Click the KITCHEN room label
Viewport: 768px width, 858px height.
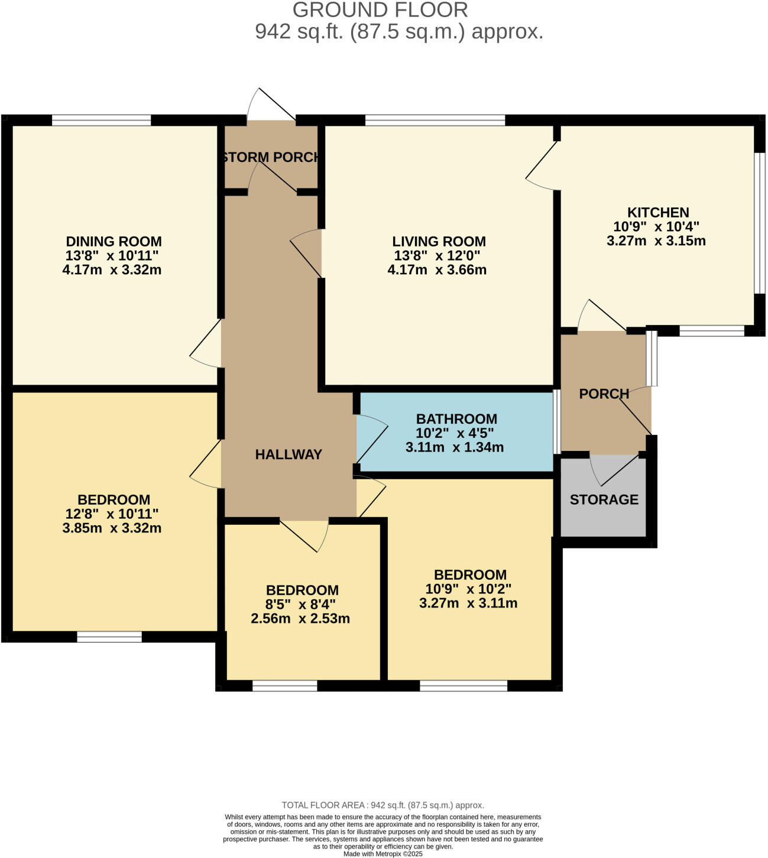tap(658, 212)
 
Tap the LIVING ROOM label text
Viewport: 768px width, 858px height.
tap(439, 242)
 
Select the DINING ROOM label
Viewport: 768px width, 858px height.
tap(114, 242)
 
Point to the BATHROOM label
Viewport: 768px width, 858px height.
tap(456, 419)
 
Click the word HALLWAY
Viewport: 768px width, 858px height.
tap(289, 454)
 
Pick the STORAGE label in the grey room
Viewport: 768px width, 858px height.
tap(604, 500)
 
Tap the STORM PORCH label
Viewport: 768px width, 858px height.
tap(271, 157)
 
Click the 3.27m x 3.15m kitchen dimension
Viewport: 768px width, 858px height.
tap(656, 240)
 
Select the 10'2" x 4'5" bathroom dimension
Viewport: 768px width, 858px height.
tap(455, 433)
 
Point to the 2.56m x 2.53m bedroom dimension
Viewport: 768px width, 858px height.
tap(300, 618)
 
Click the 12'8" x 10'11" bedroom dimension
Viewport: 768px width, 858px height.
tap(112, 513)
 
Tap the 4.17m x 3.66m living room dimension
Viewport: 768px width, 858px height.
tap(437, 270)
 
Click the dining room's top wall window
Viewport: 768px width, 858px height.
tap(101, 121)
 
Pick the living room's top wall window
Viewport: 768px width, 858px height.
tap(435, 121)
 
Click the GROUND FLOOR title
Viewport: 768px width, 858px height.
tap(380, 9)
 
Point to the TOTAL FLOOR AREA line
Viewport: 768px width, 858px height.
tap(383, 805)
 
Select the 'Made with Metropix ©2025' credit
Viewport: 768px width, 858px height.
tap(383, 854)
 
